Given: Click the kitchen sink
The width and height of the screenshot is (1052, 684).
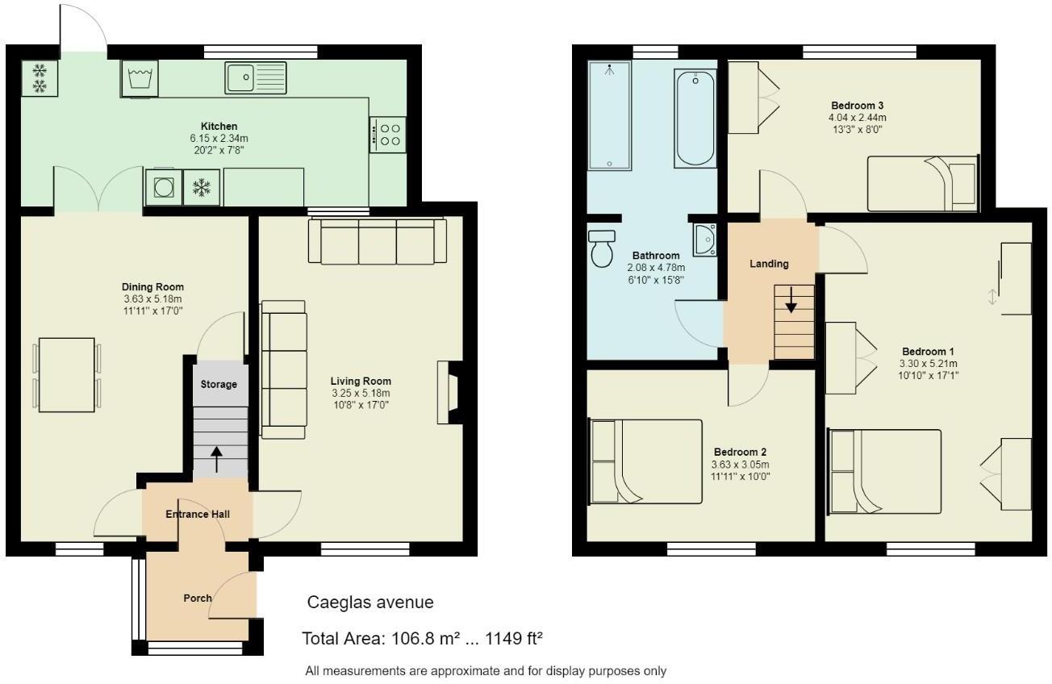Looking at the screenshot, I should tap(256, 78).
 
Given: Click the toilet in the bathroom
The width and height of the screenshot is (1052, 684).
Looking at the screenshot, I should tap(601, 248).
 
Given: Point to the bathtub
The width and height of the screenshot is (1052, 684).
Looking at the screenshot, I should tap(695, 117).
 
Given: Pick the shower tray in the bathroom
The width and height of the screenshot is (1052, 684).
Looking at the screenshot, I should tap(610, 115).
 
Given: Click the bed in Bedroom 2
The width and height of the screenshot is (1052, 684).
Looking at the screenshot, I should tap(645, 461).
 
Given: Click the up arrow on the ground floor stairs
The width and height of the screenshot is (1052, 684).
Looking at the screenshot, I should tap(217, 459).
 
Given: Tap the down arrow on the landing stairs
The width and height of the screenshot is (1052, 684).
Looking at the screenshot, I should tap(791, 300).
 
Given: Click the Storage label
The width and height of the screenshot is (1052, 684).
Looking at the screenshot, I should tap(219, 384).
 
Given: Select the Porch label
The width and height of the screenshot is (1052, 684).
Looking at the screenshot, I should tap(198, 598).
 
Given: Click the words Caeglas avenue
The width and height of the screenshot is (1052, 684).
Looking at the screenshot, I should tap(370, 603).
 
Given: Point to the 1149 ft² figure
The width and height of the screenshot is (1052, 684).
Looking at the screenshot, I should tap(512, 639).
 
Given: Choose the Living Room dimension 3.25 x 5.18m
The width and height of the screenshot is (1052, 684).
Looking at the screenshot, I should tap(361, 394).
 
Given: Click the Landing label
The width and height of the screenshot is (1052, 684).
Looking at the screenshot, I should tap(769, 264).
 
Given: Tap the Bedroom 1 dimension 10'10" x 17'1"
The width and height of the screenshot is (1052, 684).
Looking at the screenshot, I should tap(928, 375).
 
